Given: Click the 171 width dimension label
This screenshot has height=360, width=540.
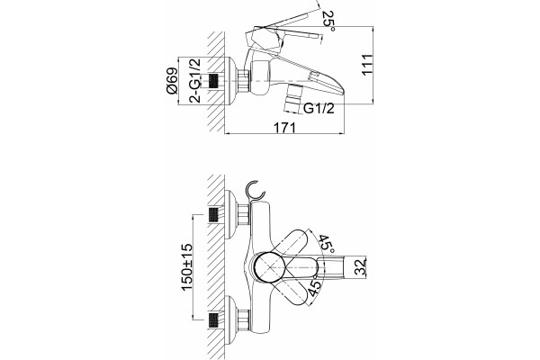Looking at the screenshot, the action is (x=284, y=128).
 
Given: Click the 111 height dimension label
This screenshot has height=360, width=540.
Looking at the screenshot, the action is (x=367, y=64).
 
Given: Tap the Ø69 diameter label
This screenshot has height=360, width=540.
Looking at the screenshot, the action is (x=172, y=81).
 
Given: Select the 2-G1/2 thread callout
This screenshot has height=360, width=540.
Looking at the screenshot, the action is (x=195, y=81).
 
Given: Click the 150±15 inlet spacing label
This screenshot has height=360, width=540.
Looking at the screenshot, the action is (x=187, y=267).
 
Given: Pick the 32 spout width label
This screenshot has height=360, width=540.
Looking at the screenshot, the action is (x=360, y=267).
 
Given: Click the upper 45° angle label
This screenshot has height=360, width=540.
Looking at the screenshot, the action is (x=326, y=244).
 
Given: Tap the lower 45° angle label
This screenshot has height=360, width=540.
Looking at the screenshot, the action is (x=314, y=288).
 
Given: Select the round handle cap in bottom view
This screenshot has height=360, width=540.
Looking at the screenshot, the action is (x=268, y=267).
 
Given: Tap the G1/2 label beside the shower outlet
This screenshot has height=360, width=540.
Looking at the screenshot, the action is (x=319, y=109).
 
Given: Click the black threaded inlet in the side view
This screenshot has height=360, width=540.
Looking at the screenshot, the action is (x=214, y=81).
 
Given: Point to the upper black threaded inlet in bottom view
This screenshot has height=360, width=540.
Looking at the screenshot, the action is (x=214, y=215).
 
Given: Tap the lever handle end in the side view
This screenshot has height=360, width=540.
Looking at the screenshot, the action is (x=317, y=35).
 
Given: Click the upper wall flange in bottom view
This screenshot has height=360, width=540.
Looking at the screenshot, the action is (x=230, y=214).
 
